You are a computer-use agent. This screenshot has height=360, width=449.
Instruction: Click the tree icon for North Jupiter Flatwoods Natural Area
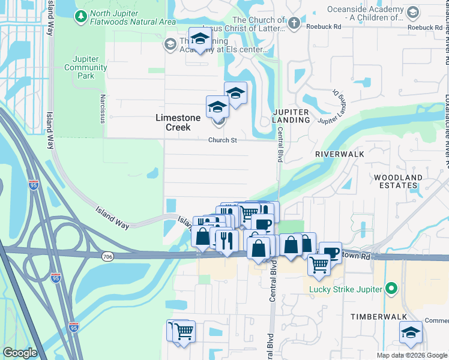point(81,17)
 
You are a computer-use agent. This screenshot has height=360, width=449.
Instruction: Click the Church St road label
point(223,140)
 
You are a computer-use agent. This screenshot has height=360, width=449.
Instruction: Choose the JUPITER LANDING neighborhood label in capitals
point(291,116)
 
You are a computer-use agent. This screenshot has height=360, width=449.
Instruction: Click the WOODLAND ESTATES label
point(398,182)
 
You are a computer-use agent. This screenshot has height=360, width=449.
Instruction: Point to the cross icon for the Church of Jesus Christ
point(293,23)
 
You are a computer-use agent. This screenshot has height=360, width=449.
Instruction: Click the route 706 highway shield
point(107,257)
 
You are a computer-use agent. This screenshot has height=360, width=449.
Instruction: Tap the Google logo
point(20,353)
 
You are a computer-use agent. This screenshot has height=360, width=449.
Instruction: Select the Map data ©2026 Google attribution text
point(411,355)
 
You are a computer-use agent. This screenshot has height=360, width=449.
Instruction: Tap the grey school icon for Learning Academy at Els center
point(170,44)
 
